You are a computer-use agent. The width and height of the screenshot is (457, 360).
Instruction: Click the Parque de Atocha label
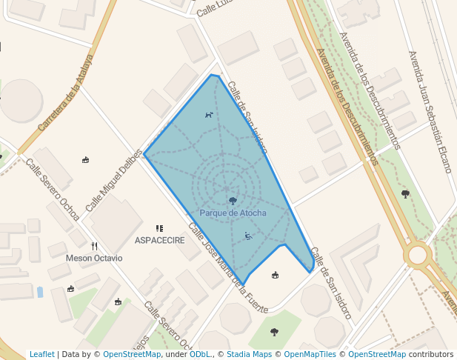pos(233,213)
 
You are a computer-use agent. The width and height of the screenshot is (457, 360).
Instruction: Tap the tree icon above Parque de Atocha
pos(233,201)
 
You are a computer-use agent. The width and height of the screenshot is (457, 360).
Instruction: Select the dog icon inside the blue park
pos(209,115)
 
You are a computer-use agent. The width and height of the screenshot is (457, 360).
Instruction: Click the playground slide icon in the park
pos(248,236)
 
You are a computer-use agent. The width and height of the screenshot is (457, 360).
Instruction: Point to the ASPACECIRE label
pos(159,241)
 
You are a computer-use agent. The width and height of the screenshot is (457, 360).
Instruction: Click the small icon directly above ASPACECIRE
pos(159,229)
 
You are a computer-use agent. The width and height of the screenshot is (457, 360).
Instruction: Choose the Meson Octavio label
pos(94,258)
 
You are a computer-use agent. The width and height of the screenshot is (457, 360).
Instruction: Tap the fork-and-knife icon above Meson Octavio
pos(94,246)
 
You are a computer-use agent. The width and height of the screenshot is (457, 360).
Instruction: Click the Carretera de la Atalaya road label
pos(67,92)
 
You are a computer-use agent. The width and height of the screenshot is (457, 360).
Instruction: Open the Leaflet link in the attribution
pos(41,354)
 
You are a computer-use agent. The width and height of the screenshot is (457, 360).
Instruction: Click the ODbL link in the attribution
pos(200,354)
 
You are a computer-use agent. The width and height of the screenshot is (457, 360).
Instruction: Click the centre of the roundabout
pos(418,256)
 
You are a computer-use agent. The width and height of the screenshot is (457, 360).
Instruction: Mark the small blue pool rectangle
pos(39,292)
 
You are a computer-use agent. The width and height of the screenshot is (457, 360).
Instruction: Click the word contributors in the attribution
pos(431,354)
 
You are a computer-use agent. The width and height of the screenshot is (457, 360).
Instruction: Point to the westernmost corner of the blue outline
pos(144,155)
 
